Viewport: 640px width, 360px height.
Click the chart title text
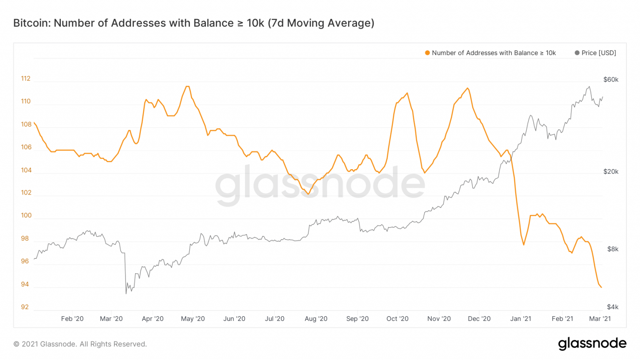click(x=194, y=23)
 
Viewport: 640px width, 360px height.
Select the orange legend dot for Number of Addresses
click(x=427, y=53)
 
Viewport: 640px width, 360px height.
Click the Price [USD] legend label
click(x=598, y=53)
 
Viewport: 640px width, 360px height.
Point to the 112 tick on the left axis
click(x=26, y=79)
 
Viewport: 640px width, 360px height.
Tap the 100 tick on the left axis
click(x=26, y=215)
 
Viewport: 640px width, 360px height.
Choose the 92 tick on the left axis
click(x=25, y=307)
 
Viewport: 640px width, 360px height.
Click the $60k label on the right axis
click(x=611, y=80)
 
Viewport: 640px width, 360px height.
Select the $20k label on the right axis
click(x=611, y=172)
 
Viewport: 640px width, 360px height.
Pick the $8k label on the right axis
click(x=612, y=249)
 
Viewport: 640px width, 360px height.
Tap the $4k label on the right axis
click(x=612, y=307)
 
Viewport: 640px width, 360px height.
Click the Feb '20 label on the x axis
click(x=72, y=319)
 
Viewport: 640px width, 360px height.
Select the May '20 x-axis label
click(x=193, y=319)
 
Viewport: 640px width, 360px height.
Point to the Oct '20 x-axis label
click(x=397, y=319)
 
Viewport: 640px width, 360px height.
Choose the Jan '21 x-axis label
click(x=521, y=319)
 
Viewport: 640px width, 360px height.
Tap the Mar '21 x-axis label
click(x=600, y=319)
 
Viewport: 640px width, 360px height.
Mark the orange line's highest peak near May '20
click(x=187, y=86)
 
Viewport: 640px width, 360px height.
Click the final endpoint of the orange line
click(x=601, y=287)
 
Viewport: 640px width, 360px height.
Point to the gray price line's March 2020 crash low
click(x=126, y=293)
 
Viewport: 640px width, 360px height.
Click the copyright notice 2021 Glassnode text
click(x=80, y=344)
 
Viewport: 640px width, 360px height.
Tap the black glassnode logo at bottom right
click(x=592, y=344)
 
